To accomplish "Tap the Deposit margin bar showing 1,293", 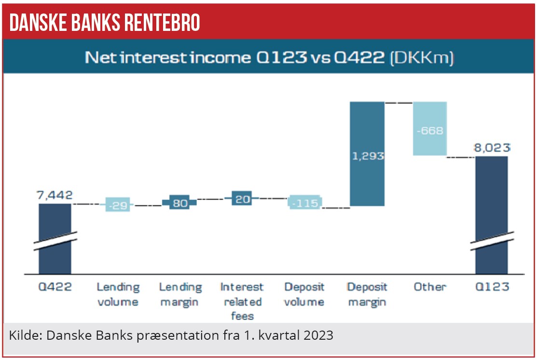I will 367,154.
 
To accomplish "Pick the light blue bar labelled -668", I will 429,128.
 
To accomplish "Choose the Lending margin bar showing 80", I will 179,203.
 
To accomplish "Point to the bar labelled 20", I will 242,198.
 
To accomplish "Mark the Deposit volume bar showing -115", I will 305,203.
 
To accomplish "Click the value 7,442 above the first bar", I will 55,195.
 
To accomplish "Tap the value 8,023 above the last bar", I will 491,148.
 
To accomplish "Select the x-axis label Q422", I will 55,287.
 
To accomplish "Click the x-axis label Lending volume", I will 118,294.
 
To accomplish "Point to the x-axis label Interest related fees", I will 242,302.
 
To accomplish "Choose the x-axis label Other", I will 429,287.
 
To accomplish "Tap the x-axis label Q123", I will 491,287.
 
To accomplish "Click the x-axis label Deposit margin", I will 367,294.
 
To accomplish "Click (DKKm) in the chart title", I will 422,58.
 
